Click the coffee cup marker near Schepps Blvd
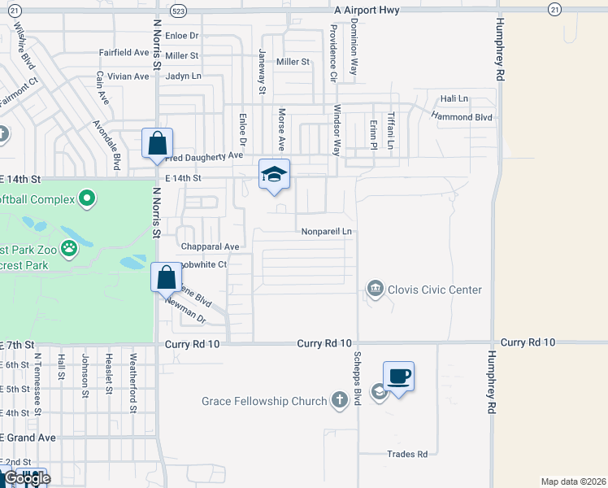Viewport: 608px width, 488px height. point(398,377)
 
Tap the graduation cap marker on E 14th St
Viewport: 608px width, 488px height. point(275,173)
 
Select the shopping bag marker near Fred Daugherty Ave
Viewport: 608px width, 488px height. point(157,143)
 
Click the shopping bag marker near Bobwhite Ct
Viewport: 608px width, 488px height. point(166,277)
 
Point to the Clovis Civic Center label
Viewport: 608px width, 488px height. point(435,290)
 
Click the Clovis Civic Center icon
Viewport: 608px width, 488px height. point(375,289)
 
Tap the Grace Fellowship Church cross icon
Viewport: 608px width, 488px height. point(341,400)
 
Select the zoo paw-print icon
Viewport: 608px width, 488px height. point(69,247)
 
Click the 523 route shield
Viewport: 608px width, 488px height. point(179,10)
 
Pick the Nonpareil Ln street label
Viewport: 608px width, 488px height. point(326,232)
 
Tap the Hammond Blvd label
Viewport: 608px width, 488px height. point(462,117)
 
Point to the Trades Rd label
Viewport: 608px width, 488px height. point(407,454)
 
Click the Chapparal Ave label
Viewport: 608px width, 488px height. point(210,246)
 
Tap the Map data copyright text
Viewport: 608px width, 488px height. point(574,481)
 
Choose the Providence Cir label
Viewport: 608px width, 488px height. point(333,53)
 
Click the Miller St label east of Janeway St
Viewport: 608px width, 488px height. point(293,62)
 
